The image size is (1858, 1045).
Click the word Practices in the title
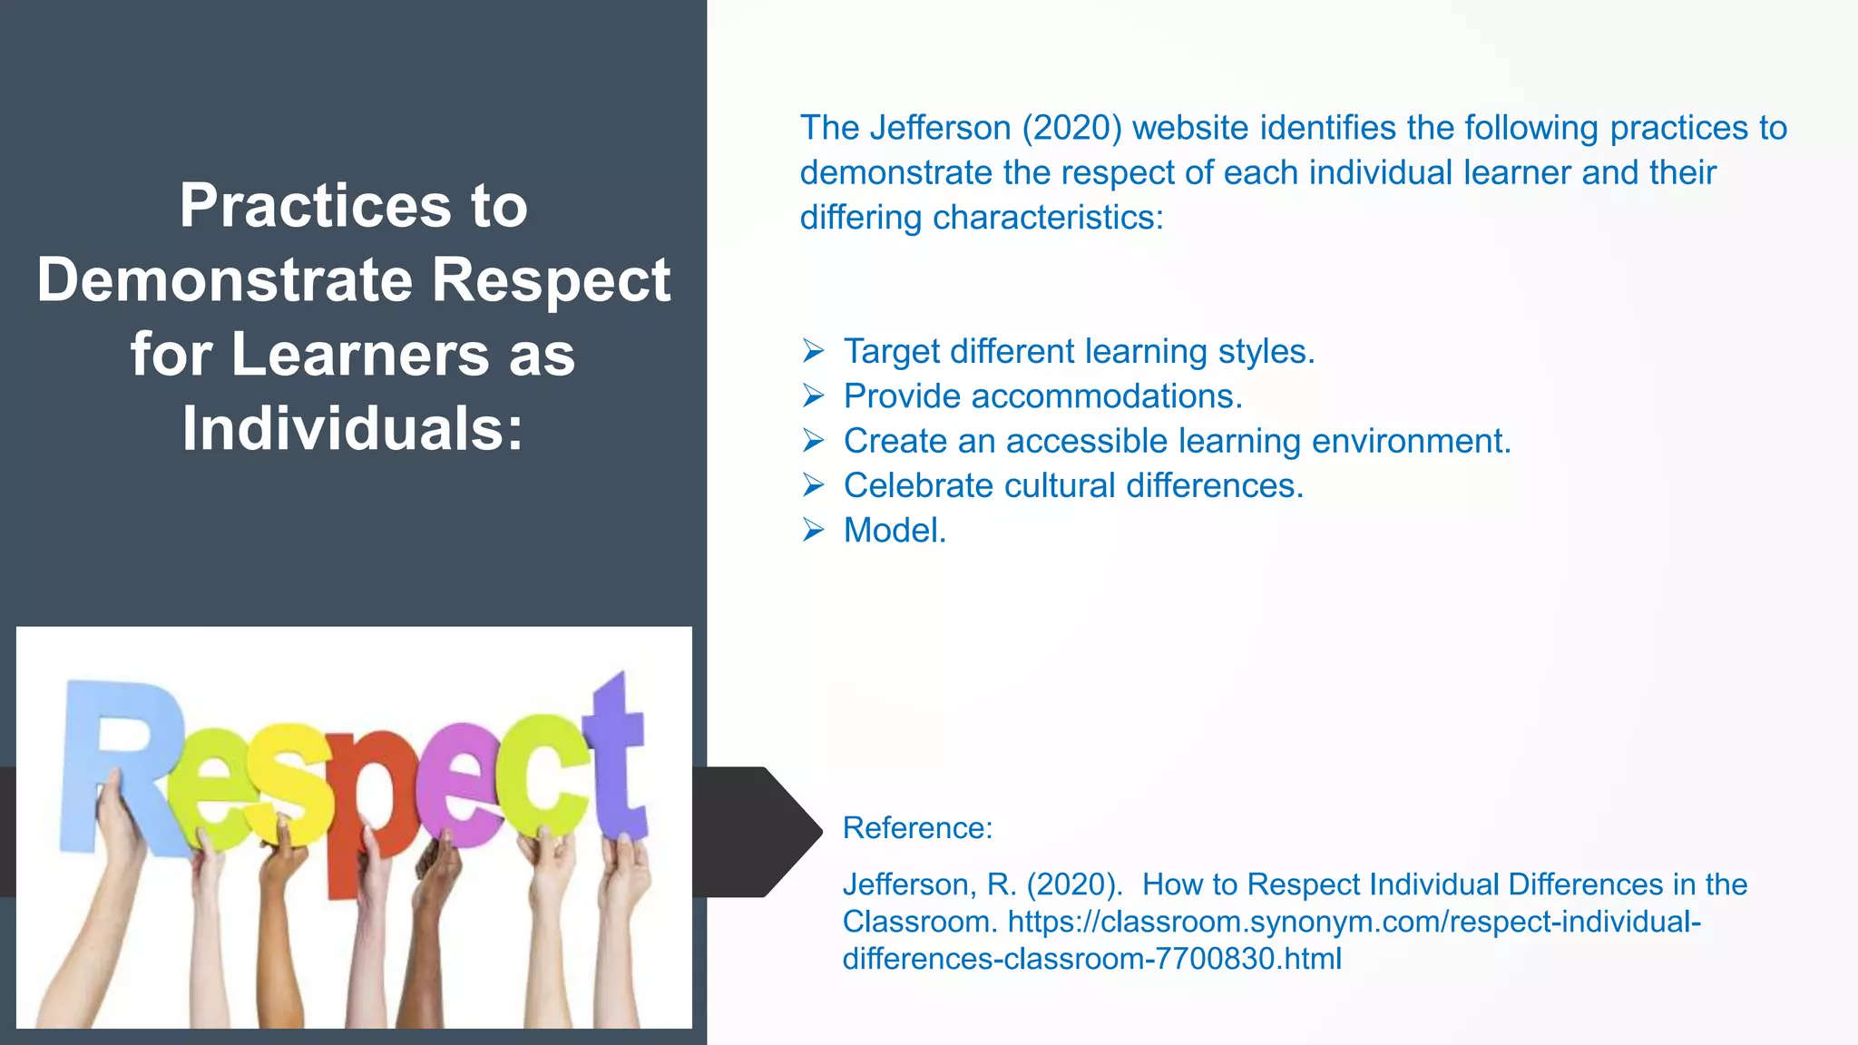[315, 206]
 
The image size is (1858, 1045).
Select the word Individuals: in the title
[353, 428]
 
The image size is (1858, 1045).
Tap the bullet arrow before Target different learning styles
[813, 350]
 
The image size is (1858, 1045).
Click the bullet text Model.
[895, 531]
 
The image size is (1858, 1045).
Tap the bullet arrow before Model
[813, 530]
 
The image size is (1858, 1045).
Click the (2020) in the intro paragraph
[1071, 128]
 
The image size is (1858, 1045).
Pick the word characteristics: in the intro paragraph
[1047, 218]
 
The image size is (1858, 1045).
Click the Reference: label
[917, 828]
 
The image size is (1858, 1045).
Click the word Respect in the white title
[550, 280]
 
